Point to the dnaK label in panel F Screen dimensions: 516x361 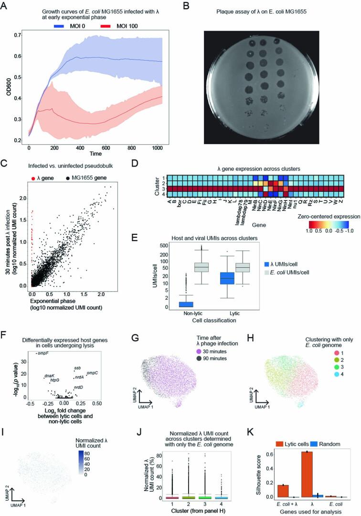pos(50,376)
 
